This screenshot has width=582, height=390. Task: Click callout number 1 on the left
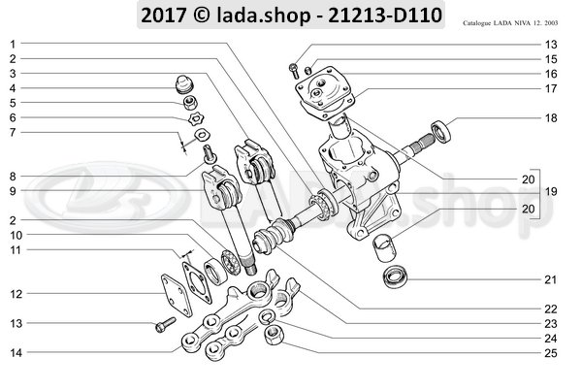(x=14, y=45)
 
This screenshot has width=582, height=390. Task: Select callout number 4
(x=14, y=88)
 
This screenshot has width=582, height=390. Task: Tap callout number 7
(x=14, y=132)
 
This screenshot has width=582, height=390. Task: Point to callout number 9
(x=14, y=191)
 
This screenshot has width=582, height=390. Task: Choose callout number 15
(x=551, y=59)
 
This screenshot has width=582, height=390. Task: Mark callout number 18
(x=551, y=117)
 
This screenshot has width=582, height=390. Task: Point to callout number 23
(x=551, y=322)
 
